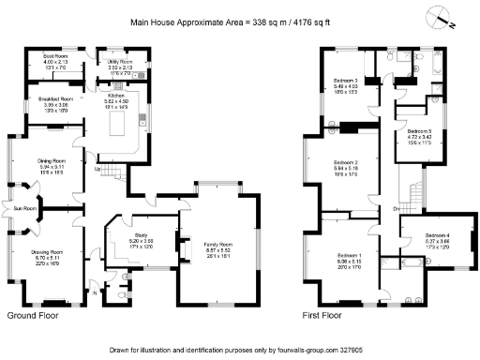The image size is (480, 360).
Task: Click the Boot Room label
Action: coord(57,56)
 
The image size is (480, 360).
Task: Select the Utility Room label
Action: coord(120,62)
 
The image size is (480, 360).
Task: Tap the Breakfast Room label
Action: coord(57,97)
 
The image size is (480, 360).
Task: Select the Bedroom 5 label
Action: coord(418,131)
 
